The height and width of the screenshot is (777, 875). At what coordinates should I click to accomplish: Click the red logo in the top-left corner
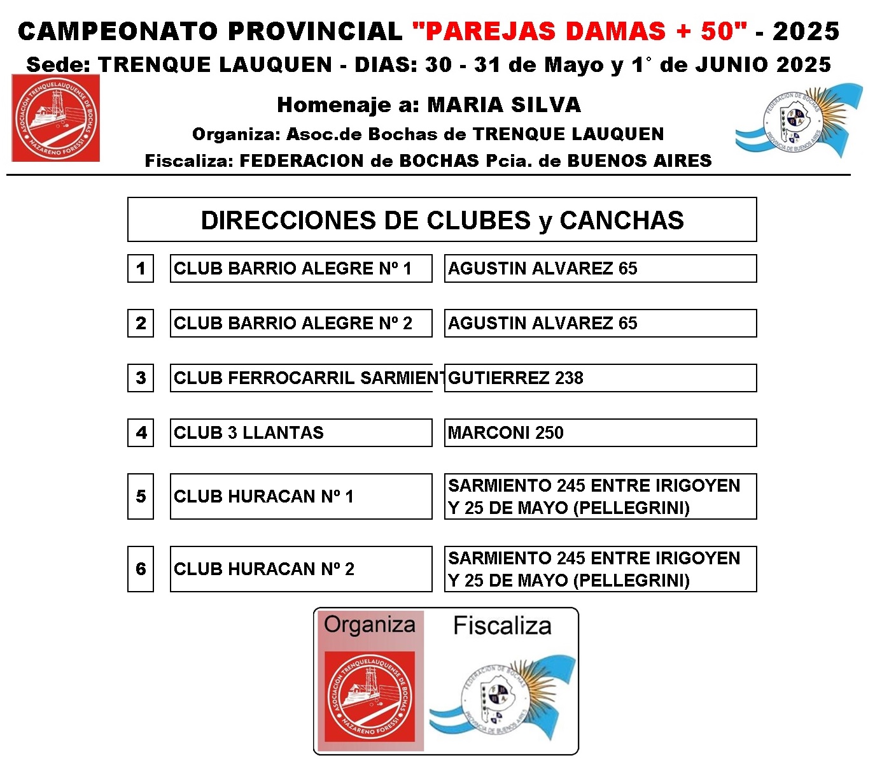tap(56, 118)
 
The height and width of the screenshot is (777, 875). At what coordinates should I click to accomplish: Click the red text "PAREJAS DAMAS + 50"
tap(579, 31)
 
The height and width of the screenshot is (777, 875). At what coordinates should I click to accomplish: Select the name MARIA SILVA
tap(504, 105)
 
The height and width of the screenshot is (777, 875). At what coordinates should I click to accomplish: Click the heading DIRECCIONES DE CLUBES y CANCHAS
tap(442, 220)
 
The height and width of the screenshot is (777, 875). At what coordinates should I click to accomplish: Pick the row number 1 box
tap(141, 269)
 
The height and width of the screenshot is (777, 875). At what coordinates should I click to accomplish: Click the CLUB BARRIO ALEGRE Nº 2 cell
tap(300, 324)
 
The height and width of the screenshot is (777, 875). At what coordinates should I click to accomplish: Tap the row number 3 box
tap(141, 378)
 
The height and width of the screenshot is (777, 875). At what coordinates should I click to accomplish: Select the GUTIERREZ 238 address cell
tap(599, 378)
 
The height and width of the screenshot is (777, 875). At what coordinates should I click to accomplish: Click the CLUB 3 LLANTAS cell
tap(300, 433)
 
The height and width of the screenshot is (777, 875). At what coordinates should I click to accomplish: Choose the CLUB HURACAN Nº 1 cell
tap(300, 497)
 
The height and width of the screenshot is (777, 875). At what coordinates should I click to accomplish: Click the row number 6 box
tap(141, 569)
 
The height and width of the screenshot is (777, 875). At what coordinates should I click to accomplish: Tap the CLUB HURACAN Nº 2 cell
tap(300, 569)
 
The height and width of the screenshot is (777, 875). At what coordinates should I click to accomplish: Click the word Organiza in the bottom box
tap(370, 625)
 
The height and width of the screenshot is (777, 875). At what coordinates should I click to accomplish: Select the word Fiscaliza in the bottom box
tap(502, 626)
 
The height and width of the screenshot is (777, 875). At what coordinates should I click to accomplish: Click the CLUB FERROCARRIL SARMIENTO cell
tap(300, 378)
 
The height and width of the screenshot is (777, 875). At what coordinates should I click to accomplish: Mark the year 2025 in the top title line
tap(806, 31)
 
